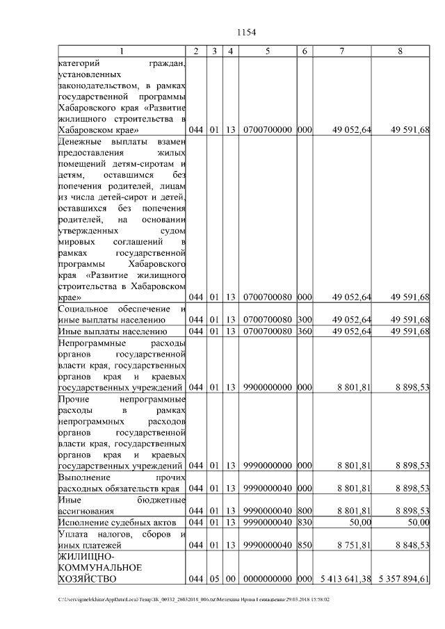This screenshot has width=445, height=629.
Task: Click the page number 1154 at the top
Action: (x=248, y=32)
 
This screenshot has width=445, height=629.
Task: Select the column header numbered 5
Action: (x=267, y=51)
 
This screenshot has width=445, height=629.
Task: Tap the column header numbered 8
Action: (x=400, y=51)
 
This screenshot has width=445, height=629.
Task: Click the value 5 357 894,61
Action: (x=400, y=578)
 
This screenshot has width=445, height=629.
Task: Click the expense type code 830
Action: (x=303, y=522)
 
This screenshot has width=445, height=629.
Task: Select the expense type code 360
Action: (x=303, y=331)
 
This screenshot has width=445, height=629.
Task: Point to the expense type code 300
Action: (x=303, y=320)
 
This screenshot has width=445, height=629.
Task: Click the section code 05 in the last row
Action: (x=215, y=578)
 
